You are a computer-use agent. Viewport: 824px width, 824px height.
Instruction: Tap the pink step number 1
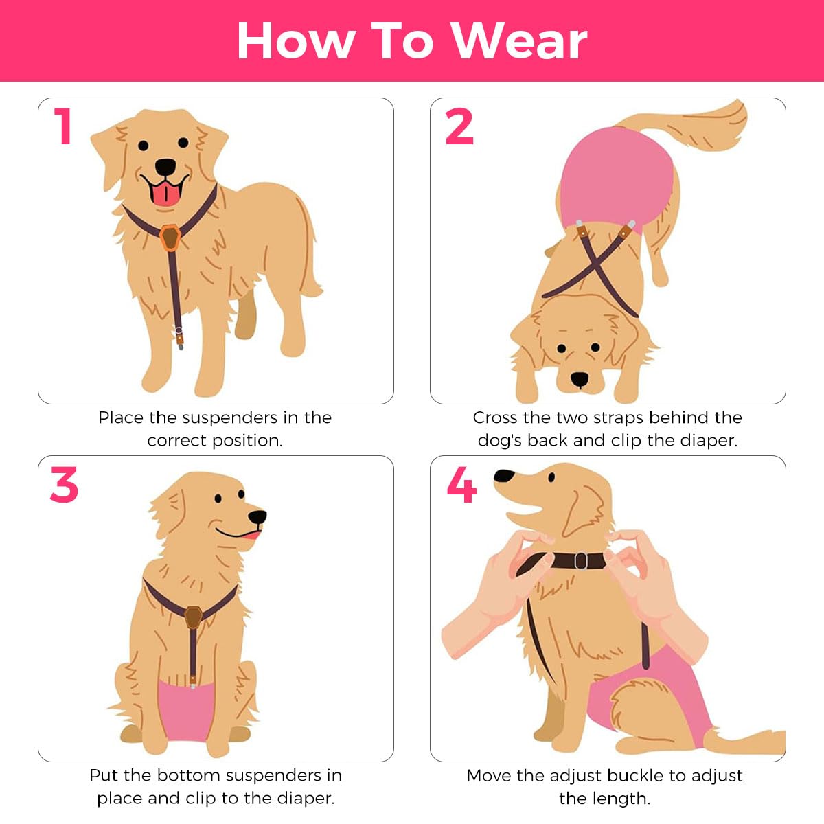pyautogui.click(x=64, y=126)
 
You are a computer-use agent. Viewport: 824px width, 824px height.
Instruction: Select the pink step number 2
pyautogui.click(x=459, y=127)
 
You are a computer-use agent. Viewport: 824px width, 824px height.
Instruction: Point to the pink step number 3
pyautogui.click(x=64, y=485)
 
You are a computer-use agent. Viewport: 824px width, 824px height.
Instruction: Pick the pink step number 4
pyautogui.click(x=461, y=485)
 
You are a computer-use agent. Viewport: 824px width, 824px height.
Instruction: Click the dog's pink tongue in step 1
pyautogui.click(x=164, y=195)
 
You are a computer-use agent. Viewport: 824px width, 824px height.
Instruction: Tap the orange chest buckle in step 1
pyautogui.click(x=170, y=238)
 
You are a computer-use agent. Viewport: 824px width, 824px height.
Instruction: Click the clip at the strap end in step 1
pyautogui.click(x=179, y=337)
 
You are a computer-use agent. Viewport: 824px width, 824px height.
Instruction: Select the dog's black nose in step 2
pyautogui.click(x=580, y=379)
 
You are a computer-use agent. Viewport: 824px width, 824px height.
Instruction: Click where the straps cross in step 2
pyautogui.click(x=596, y=262)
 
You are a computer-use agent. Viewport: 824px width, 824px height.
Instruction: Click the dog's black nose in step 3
pyautogui.click(x=257, y=516)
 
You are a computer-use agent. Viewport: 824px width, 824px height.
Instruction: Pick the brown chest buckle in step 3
pyautogui.click(x=194, y=616)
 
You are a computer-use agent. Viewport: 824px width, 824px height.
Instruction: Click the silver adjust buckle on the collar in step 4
pyautogui.click(x=581, y=560)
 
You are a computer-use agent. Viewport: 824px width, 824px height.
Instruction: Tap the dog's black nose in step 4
pyautogui.click(x=504, y=477)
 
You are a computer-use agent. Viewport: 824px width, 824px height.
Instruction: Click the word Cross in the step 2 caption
pyautogui.click(x=494, y=417)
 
